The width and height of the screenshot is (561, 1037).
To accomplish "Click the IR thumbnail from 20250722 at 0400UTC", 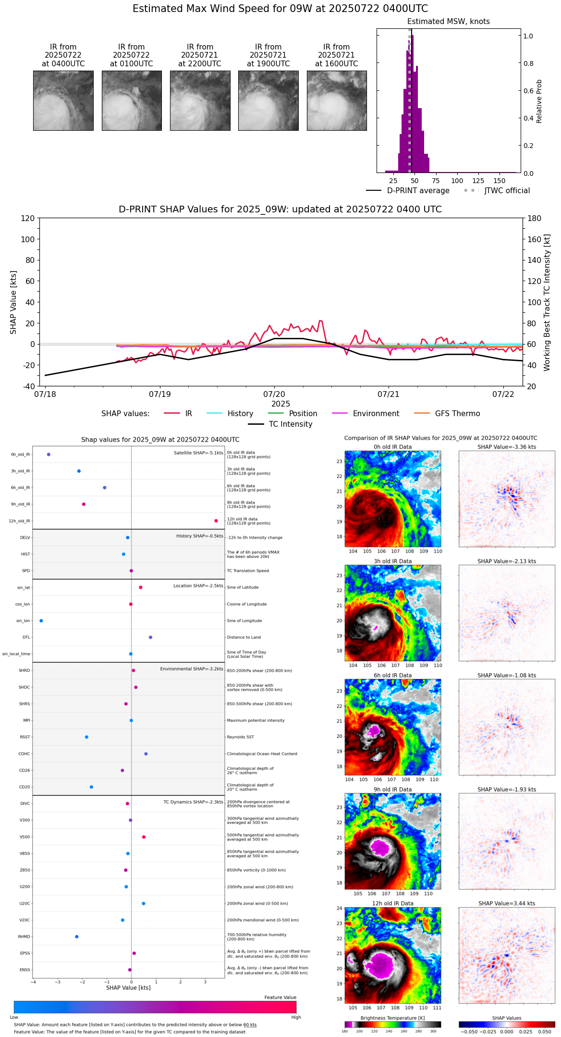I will tap(63, 100).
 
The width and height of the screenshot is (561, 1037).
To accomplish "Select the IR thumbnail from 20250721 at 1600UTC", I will tap(337, 100).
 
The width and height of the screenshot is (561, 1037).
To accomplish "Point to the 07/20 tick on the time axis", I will tap(274, 394).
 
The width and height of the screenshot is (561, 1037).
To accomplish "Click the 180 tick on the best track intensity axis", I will tap(535, 219).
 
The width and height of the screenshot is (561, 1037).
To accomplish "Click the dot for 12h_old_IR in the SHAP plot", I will tap(216, 521).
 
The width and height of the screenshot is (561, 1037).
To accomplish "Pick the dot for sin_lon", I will tap(41, 621).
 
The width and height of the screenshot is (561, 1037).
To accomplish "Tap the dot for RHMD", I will tap(77, 937).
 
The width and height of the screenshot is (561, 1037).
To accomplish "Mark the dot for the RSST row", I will tap(86, 737).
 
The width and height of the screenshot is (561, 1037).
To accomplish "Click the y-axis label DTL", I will tap(26, 638).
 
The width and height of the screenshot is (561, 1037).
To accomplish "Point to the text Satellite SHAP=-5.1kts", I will tap(198, 453).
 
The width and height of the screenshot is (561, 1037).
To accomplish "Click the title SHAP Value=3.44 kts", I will tap(507, 904).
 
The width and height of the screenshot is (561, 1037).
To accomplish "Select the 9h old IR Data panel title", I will tap(392, 790).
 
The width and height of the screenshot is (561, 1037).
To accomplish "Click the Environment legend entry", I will tap(376, 414).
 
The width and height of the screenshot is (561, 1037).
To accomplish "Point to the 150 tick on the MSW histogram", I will tap(500, 181).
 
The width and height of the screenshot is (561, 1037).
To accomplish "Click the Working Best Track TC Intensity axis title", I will tap(547, 303).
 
